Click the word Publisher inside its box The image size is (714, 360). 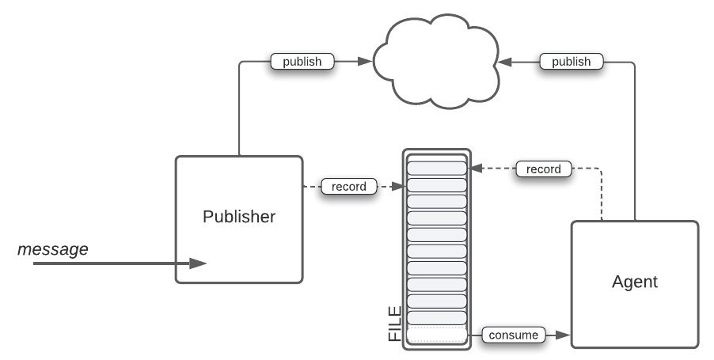[x=239, y=217]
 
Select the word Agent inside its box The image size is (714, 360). [x=635, y=282]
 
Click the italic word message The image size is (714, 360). [x=53, y=249]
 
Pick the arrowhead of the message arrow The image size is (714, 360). [x=199, y=263]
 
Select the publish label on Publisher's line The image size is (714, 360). [x=302, y=61]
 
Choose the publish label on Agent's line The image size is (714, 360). [x=571, y=61]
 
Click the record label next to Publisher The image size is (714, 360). [x=349, y=187]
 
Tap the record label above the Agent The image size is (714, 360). [x=543, y=169]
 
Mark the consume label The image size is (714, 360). [x=514, y=335]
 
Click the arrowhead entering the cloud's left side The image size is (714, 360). [x=366, y=61]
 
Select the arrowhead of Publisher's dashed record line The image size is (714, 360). [x=400, y=187]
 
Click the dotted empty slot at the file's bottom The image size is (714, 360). [x=436, y=334]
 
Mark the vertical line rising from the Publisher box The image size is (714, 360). [x=239, y=111]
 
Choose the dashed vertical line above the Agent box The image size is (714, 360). [x=602, y=198]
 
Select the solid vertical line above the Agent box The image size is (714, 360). [x=635, y=142]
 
